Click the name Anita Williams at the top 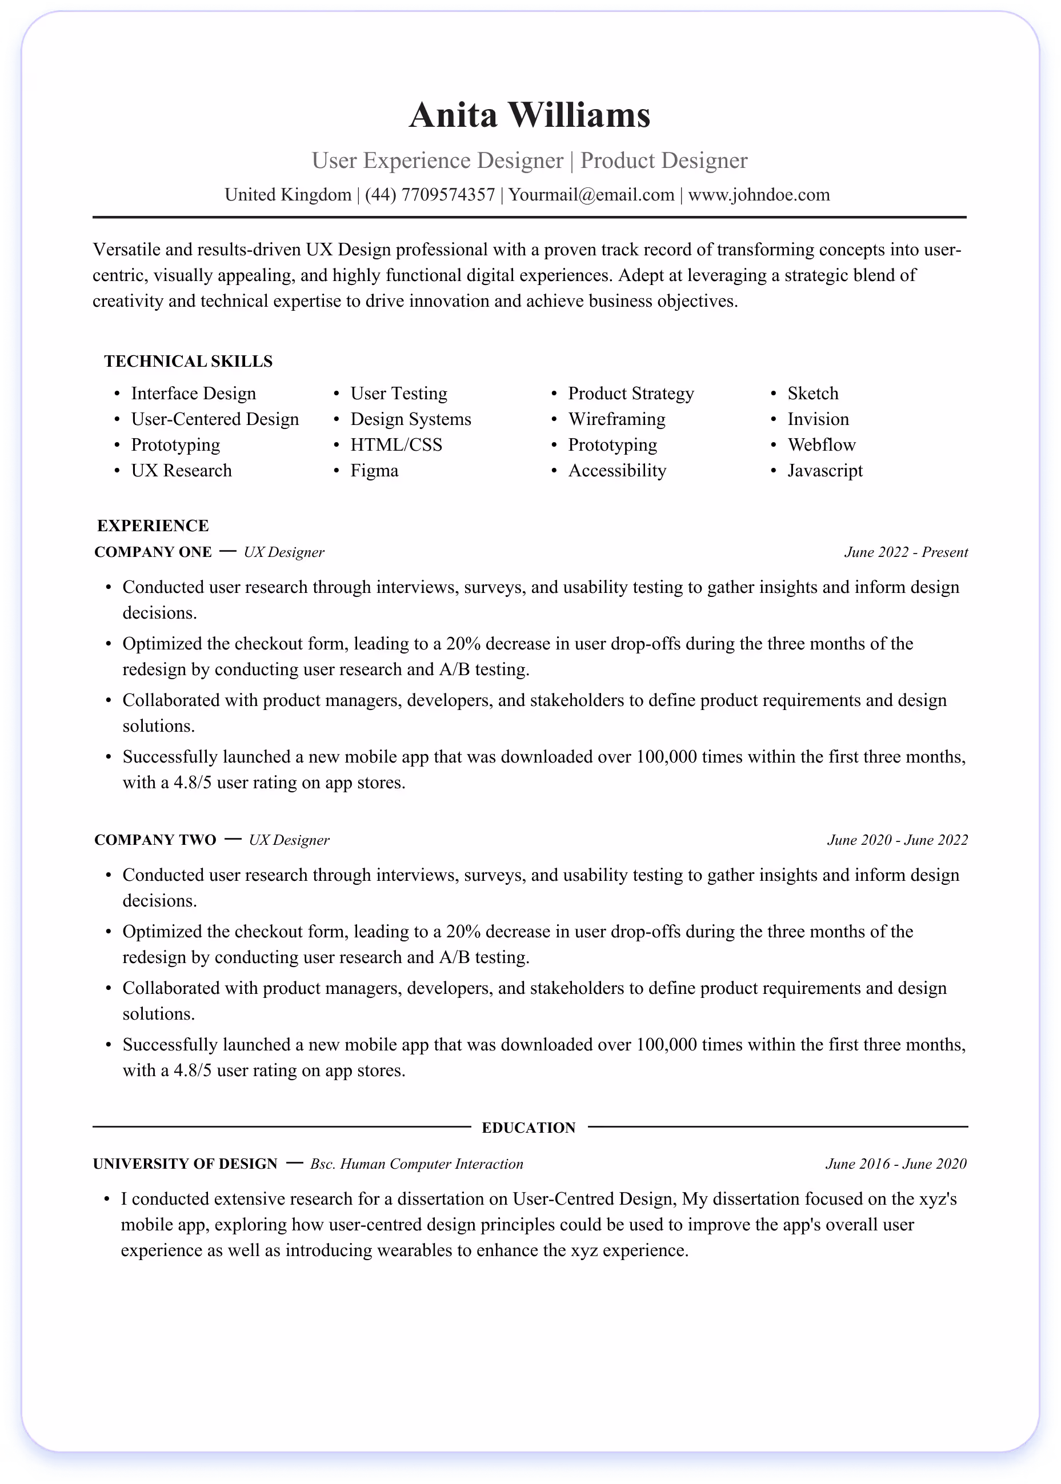click(529, 115)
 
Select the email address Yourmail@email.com click(591, 195)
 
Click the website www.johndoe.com click(759, 195)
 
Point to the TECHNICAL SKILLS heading click(188, 361)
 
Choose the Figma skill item click(374, 470)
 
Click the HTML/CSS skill click(396, 445)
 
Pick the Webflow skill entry click(821, 445)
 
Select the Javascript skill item click(824, 470)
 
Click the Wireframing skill click(616, 419)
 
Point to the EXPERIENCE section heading click(153, 526)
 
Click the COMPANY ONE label click(153, 552)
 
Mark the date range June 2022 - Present click(906, 552)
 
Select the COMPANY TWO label click(155, 840)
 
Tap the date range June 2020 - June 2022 click(897, 840)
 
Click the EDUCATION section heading click(529, 1128)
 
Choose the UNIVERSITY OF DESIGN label click(185, 1164)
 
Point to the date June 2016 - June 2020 click(896, 1164)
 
